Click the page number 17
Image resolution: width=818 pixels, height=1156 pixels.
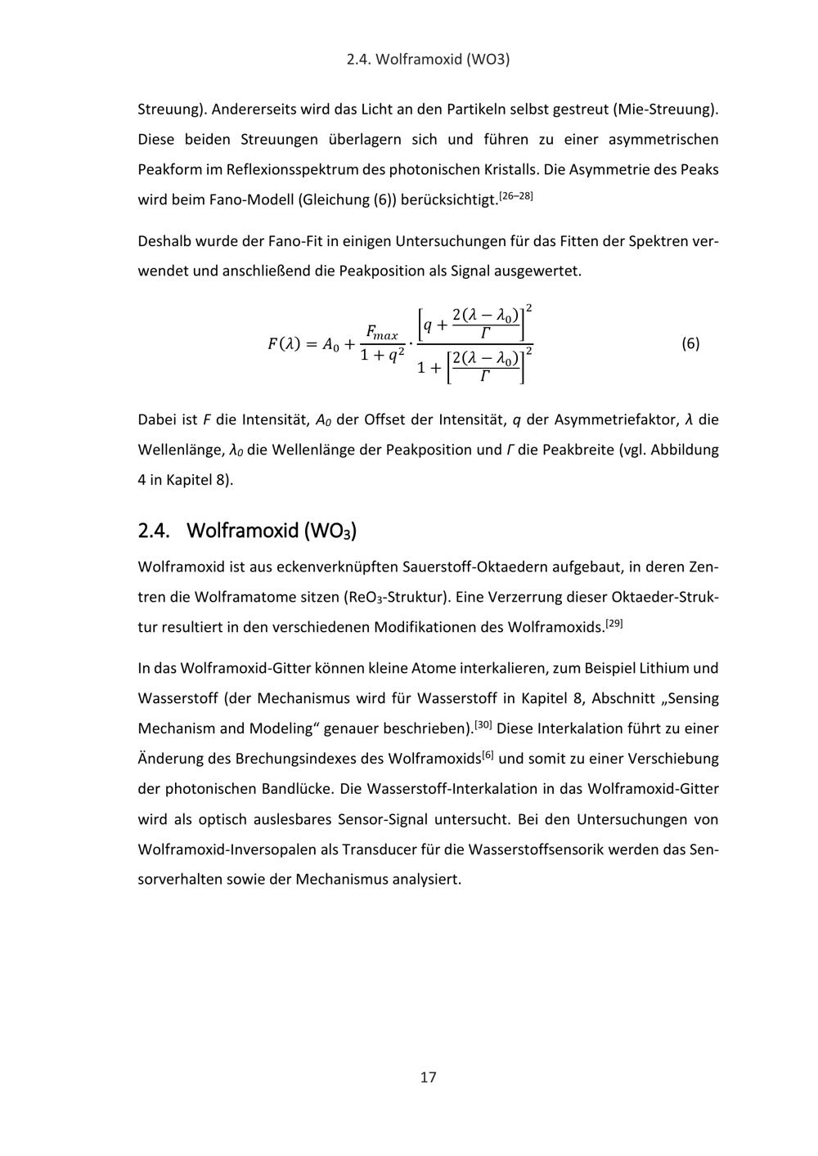tap(428, 1077)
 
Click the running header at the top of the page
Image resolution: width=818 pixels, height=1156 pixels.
tap(428, 60)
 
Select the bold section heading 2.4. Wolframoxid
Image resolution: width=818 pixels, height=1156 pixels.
tap(248, 531)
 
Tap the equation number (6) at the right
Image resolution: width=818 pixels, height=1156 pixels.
tap(690, 343)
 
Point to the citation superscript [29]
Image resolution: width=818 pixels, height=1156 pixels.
tap(614, 624)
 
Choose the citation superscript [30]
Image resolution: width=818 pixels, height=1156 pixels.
tap(483, 725)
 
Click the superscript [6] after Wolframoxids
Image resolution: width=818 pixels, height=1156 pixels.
tap(488, 755)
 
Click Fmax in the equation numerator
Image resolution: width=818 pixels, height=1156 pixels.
tap(381, 333)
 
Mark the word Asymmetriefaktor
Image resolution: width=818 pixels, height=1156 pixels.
tap(616, 420)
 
